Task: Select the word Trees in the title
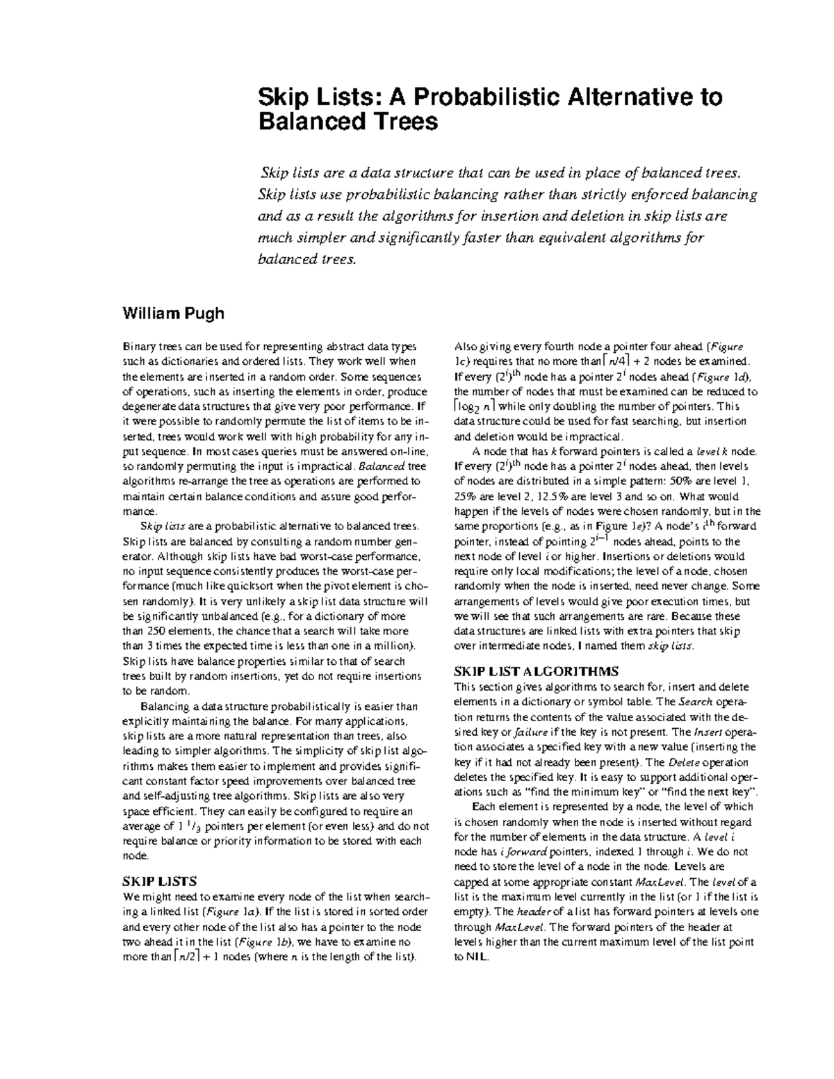click(x=402, y=122)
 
